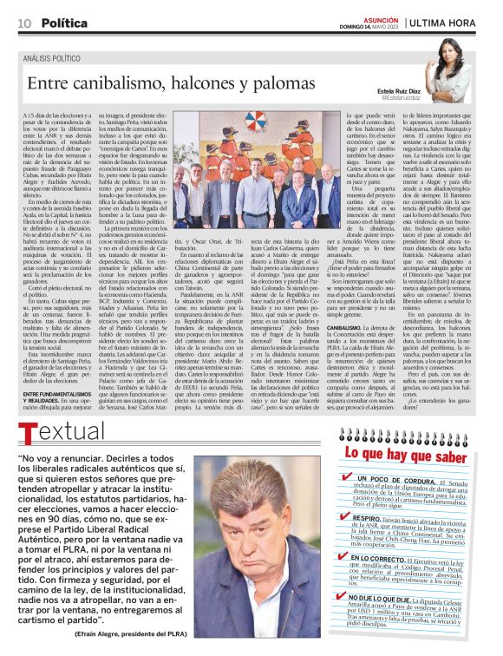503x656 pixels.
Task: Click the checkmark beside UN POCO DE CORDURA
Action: click(x=349, y=477)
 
